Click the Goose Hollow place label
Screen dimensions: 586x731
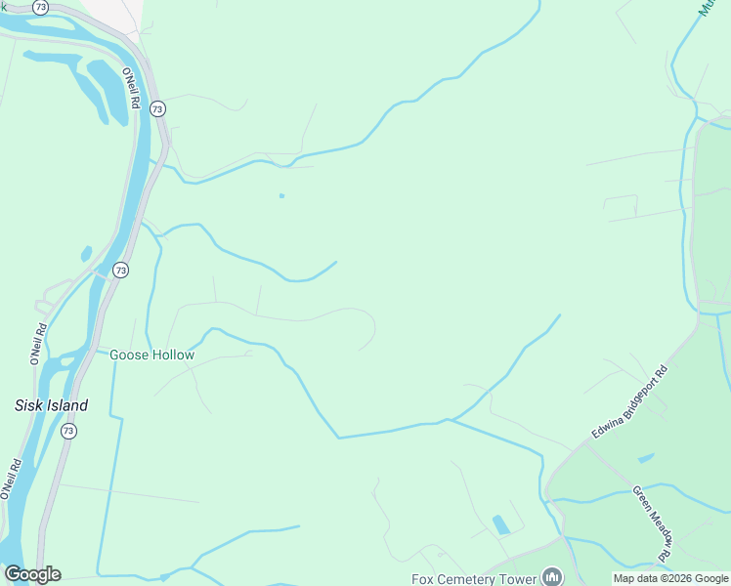tap(151, 356)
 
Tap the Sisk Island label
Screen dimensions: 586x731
tap(51, 405)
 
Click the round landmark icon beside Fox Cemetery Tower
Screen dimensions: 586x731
tap(552, 577)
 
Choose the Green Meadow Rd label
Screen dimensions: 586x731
tap(653, 523)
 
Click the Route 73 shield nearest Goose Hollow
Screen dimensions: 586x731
tap(120, 270)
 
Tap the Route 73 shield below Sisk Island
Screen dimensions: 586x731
tap(67, 431)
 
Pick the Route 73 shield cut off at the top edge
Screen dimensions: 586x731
tap(39, 6)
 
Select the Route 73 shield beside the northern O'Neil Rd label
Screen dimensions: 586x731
tap(157, 109)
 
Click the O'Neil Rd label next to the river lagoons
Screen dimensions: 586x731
tap(131, 88)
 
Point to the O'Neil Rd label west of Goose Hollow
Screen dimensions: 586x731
tap(38, 344)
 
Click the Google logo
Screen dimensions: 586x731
tap(32, 574)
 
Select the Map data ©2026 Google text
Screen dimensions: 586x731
tap(669, 578)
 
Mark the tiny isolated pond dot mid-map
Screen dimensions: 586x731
tap(281, 195)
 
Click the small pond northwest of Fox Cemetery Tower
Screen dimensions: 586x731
tap(501, 524)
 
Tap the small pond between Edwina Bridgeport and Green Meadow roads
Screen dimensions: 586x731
tap(646, 457)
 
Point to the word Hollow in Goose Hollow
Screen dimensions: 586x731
tap(172, 356)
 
